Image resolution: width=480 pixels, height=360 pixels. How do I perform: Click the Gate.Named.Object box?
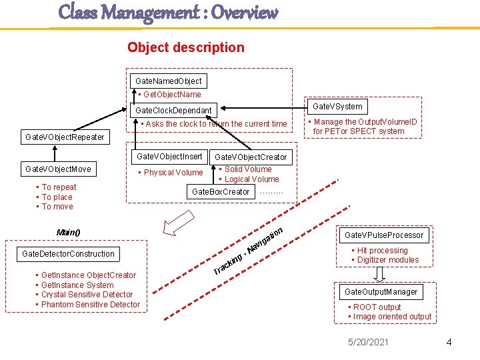[x=167, y=81]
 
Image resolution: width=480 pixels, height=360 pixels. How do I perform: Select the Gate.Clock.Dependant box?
[x=173, y=110]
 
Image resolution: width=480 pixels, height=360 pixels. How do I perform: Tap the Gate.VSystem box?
[x=337, y=106]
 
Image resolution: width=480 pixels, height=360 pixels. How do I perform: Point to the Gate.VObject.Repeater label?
[x=65, y=137]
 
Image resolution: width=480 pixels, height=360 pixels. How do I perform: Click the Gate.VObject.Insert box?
[x=169, y=157]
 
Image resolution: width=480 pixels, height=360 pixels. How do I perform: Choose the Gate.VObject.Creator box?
[x=251, y=157]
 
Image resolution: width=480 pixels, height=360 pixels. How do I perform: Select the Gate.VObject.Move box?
[x=58, y=169]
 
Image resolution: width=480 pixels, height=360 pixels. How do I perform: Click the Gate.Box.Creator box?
[x=221, y=192]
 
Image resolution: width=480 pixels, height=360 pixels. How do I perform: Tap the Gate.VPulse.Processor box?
[x=384, y=235]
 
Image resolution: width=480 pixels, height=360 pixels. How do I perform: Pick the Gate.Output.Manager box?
[x=381, y=292]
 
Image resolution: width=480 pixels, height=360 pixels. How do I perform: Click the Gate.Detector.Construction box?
[x=69, y=253]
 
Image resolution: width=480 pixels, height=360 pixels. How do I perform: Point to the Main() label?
[x=68, y=232]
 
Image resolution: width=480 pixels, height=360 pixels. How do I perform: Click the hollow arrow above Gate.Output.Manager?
[x=381, y=274]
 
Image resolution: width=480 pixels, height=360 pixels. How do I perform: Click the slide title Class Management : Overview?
[x=168, y=12]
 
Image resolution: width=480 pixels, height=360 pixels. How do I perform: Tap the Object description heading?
[x=186, y=47]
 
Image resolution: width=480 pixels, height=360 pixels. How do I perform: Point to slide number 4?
[x=449, y=342]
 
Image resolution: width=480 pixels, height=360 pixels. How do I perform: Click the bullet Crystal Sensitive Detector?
[x=87, y=295]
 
